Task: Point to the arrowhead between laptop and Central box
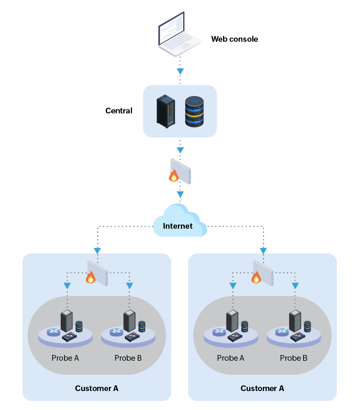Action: pyautogui.click(x=181, y=71)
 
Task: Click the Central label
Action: pyautogui.click(x=119, y=111)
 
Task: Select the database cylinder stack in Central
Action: pyautogui.click(x=194, y=112)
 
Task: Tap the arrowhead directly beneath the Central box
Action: pyautogui.click(x=181, y=149)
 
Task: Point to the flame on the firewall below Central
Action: pyautogui.click(x=174, y=176)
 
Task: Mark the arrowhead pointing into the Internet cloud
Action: pyautogui.click(x=181, y=194)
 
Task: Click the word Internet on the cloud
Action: pyautogui.click(x=178, y=226)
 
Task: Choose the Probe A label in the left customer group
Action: pyautogui.click(x=65, y=358)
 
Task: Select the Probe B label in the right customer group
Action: pyautogui.click(x=294, y=358)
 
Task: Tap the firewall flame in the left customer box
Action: pyautogui.click(x=90, y=278)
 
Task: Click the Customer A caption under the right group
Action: pyautogui.click(x=262, y=388)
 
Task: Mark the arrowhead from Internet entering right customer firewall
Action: pyautogui.click(x=263, y=251)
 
